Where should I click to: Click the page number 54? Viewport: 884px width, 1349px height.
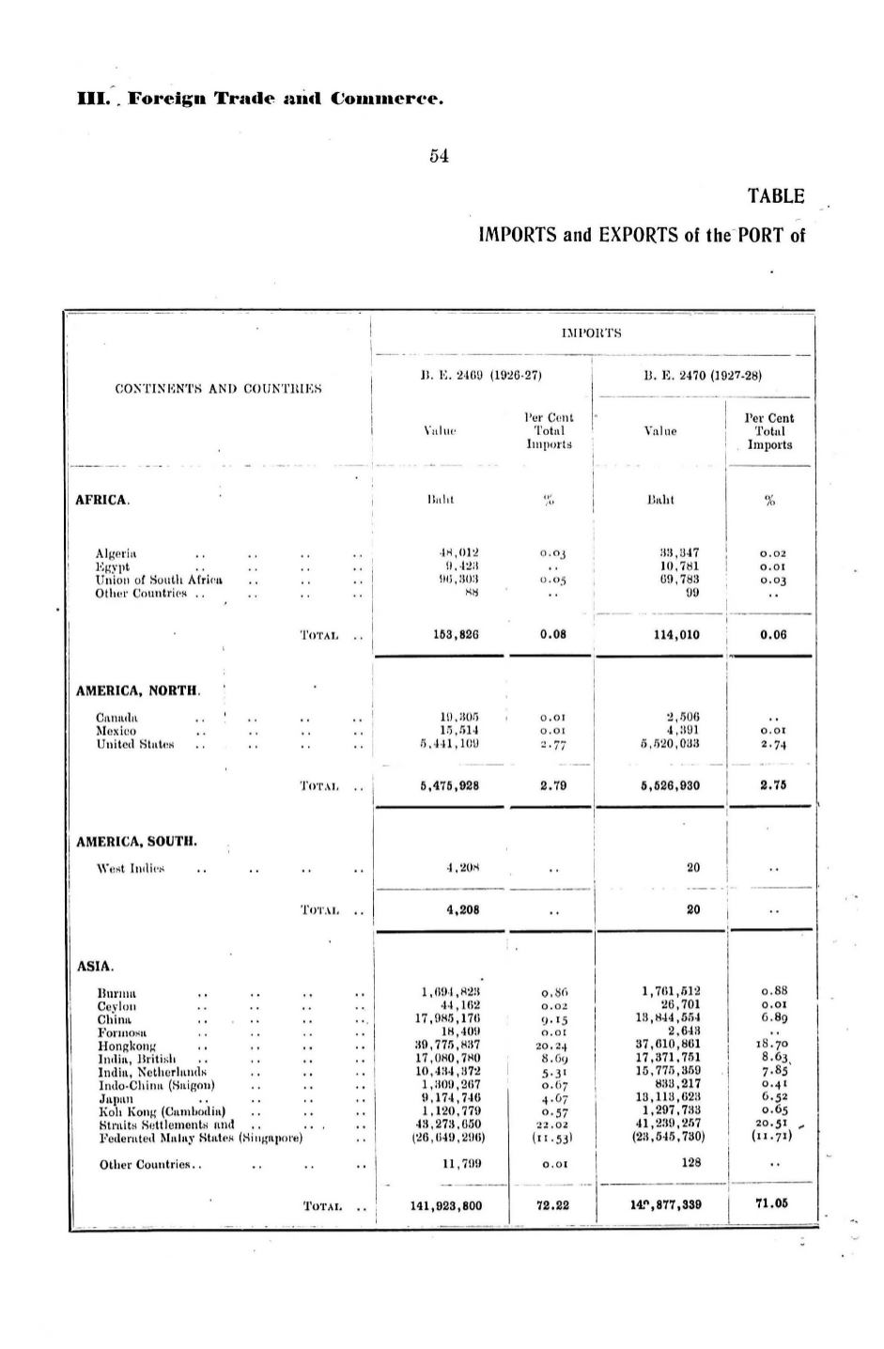439,156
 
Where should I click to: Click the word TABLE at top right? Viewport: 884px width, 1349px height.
776,196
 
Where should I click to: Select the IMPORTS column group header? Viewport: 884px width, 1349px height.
592,333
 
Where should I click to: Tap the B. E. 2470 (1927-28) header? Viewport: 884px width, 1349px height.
703,376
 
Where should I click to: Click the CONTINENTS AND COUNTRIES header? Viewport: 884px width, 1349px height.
218,388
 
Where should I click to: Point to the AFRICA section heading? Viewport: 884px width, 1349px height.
102,500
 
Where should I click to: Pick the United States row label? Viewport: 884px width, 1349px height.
135,744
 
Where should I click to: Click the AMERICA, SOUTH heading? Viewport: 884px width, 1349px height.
136,842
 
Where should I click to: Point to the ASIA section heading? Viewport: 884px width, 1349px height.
95,966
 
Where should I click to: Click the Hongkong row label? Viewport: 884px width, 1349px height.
127,1045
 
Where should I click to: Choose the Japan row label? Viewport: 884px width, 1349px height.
114,1096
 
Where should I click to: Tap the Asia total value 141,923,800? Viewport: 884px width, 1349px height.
446,1205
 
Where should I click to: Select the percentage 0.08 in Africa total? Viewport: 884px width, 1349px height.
553,634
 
